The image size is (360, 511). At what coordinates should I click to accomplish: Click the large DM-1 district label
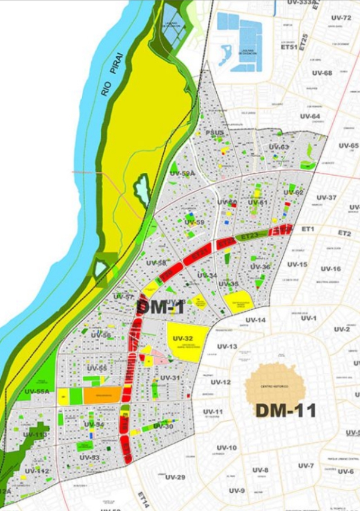160,306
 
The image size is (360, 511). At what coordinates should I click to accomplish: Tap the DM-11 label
286,410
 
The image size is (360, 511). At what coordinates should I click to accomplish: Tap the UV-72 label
341,18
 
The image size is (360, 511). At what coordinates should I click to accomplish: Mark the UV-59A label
182,173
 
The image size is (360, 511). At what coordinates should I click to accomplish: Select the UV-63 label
279,147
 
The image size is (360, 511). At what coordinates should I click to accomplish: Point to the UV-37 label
326,198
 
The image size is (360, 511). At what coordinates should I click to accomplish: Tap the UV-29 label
175,477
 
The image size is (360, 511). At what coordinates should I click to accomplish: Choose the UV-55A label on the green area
37,391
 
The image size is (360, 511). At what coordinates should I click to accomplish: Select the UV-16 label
330,268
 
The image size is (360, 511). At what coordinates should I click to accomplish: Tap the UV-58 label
156,263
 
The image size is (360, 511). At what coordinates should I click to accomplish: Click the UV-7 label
306,465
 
